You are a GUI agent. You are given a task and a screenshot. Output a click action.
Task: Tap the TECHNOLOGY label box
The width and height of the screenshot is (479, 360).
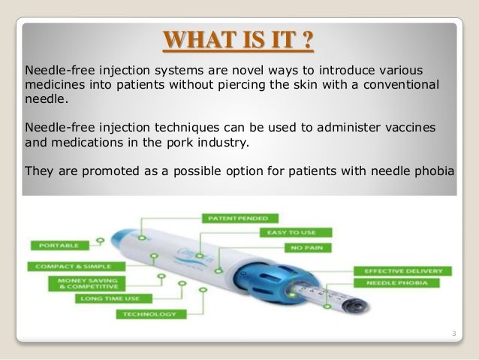tap(149, 313)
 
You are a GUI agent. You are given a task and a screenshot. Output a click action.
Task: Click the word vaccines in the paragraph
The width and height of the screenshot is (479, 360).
tap(393, 125)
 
